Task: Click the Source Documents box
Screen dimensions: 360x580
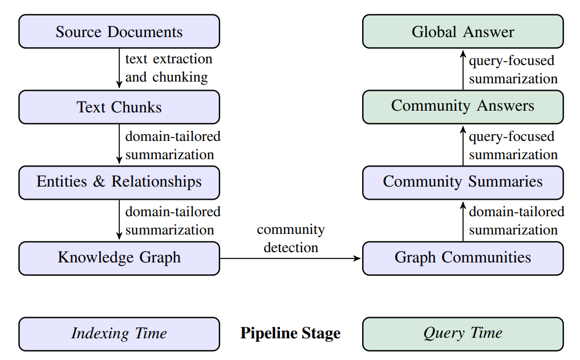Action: pos(119,31)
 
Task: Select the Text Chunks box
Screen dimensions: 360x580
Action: pos(119,107)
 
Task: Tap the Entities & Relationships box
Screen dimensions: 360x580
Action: pos(119,182)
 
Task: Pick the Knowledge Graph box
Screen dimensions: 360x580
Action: pos(119,258)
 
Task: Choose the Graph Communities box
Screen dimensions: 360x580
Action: pos(463,258)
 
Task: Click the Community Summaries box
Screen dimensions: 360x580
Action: pos(463,182)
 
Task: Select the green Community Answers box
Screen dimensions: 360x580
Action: pos(463,107)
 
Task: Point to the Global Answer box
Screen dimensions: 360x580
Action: pos(463,31)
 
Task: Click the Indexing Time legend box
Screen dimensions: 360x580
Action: pos(119,334)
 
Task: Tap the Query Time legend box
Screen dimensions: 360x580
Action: pos(463,334)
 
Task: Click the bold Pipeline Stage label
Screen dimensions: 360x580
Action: pos(290,334)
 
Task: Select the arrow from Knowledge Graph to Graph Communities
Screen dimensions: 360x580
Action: pos(291,258)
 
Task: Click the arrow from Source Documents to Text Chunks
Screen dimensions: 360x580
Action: pos(119,68)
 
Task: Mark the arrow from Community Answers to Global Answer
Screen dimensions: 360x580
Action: pos(463,69)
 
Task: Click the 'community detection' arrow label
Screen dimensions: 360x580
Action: pos(291,238)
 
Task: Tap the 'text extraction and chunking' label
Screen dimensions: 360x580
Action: pos(168,68)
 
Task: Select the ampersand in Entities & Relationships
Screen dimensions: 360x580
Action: pos(99,182)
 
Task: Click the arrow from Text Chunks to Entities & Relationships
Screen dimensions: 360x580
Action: pos(119,144)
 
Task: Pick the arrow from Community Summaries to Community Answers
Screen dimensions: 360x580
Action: pos(463,145)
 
